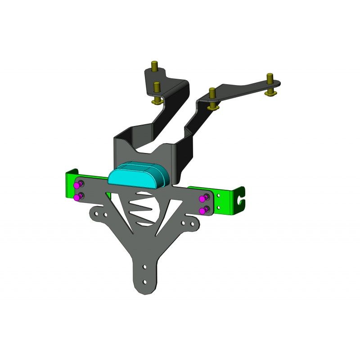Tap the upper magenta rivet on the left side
pyautogui.click(x=78, y=185)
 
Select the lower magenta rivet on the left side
pyautogui.click(x=78, y=197)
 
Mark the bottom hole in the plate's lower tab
pyautogui.click(x=144, y=282)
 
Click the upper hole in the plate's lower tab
pyautogui.click(x=144, y=267)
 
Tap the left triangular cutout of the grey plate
pyautogui.click(x=118, y=211)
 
